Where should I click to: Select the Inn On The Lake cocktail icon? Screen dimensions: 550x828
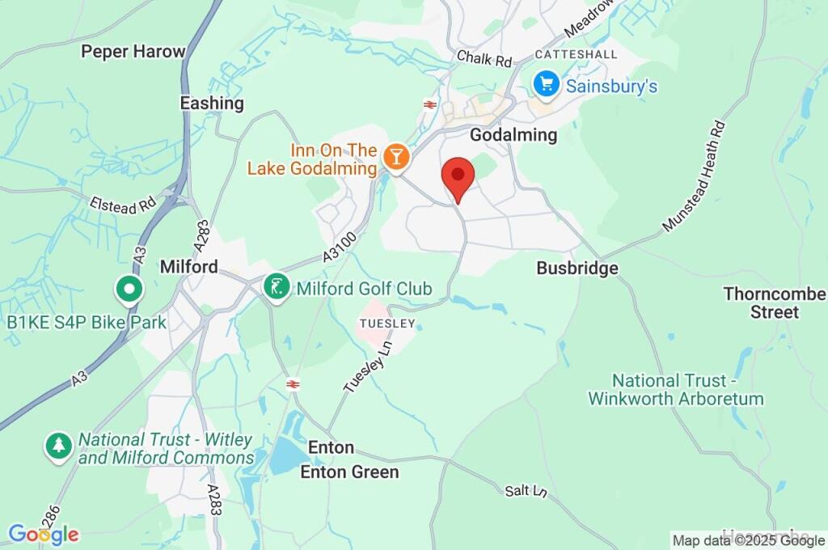[x=396, y=156]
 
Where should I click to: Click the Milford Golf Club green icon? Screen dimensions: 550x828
[x=277, y=286]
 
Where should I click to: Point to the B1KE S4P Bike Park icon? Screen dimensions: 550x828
[x=129, y=288]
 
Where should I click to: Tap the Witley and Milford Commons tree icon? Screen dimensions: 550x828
[x=58, y=445]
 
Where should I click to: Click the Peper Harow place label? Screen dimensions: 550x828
[x=133, y=52]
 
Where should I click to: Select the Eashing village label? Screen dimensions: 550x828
[x=212, y=103]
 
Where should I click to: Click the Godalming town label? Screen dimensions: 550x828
[x=513, y=134]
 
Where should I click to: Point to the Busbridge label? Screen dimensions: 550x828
[x=577, y=268]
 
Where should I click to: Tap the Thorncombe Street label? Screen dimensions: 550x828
[x=774, y=302]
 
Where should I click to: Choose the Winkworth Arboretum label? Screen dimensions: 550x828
[x=676, y=389]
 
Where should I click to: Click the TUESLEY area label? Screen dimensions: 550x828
[x=387, y=324]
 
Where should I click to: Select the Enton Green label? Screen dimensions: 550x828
[x=349, y=472]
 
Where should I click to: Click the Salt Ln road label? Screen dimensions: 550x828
[x=522, y=491]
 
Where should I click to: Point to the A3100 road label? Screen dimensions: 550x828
[x=339, y=245]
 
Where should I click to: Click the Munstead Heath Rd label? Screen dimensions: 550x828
[x=695, y=176]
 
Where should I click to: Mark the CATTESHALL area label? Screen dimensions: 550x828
[x=576, y=54]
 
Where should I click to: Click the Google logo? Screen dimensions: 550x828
[x=44, y=534]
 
